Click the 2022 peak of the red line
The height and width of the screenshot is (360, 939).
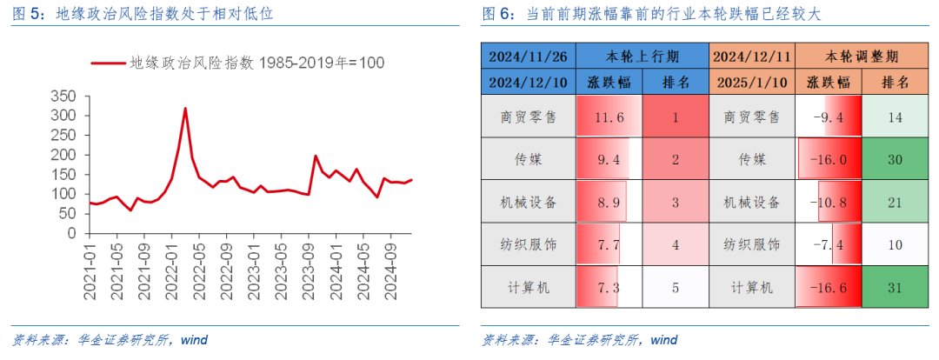pyautogui.click(x=185, y=109)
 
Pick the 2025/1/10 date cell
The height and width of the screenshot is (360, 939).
pyautogui.click(x=752, y=83)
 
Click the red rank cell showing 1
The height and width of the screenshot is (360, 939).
pyautogui.click(x=676, y=117)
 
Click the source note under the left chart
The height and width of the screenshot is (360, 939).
pyautogui.click(x=110, y=340)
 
